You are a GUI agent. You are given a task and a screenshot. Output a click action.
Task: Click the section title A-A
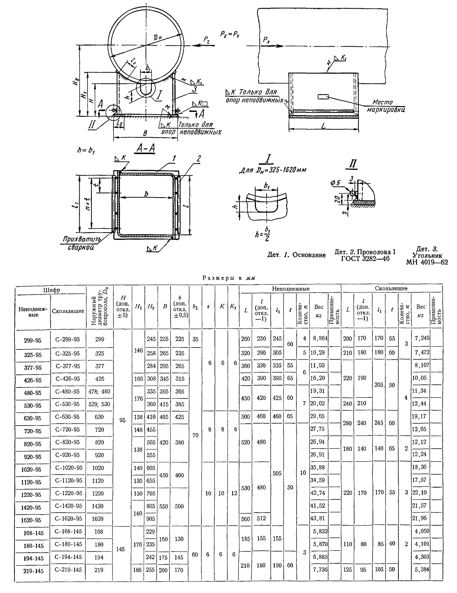(145, 149)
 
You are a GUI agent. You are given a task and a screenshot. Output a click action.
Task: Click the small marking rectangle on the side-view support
(323, 96)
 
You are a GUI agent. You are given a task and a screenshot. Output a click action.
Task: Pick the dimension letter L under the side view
(324, 126)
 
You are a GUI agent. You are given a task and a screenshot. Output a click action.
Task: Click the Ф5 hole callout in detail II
(335, 183)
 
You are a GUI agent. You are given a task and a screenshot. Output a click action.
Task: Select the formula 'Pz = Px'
(230, 34)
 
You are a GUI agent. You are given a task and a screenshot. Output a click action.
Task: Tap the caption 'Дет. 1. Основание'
(296, 255)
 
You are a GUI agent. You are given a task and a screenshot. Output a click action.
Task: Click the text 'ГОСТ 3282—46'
(365, 258)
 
